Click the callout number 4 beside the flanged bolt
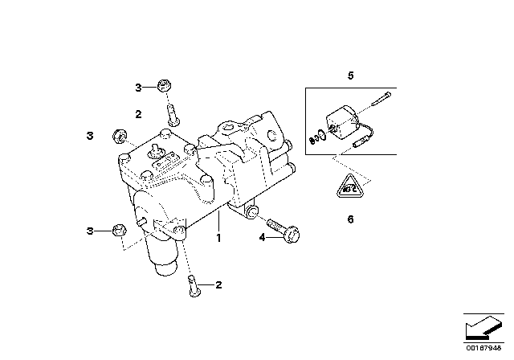[261, 237]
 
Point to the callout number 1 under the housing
[216, 239]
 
